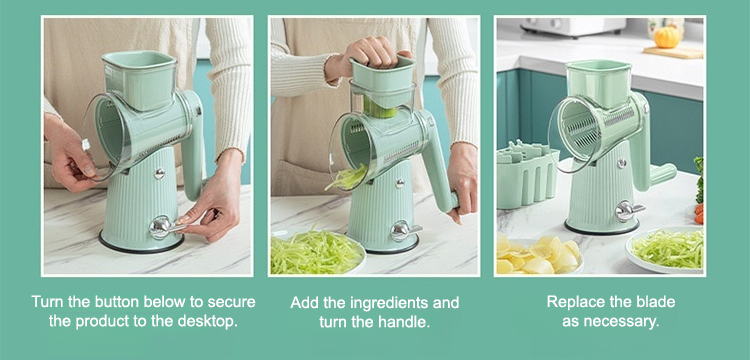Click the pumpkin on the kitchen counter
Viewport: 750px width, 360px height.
[667, 37]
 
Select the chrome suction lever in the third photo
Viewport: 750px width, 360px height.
[628, 211]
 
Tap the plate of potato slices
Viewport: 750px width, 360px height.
[538, 255]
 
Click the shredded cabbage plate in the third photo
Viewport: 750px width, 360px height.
[665, 250]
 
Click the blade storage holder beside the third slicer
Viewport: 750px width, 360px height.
[527, 175]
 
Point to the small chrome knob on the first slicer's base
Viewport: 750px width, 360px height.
[159, 174]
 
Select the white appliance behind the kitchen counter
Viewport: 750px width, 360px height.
[573, 27]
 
